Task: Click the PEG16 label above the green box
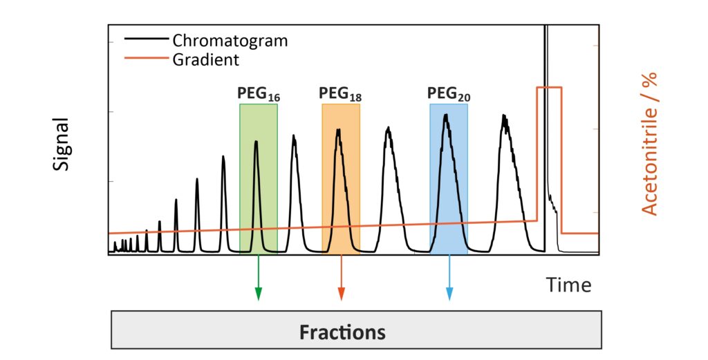coord(259,94)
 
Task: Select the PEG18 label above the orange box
coord(340,94)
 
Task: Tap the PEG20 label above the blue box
coord(449,94)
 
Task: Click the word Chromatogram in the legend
coord(230,41)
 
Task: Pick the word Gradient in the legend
coord(205,60)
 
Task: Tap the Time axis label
coord(568,285)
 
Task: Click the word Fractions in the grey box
coord(342,332)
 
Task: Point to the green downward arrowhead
coord(259,295)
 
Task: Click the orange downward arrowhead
coord(340,295)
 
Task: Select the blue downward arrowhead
coord(449,295)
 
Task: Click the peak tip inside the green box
coord(256,142)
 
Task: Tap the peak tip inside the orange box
coord(338,130)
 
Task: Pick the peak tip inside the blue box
coord(446,115)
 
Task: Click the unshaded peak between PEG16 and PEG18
coord(294,137)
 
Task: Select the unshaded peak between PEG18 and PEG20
coord(389,129)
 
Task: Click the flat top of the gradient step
coord(549,88)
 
